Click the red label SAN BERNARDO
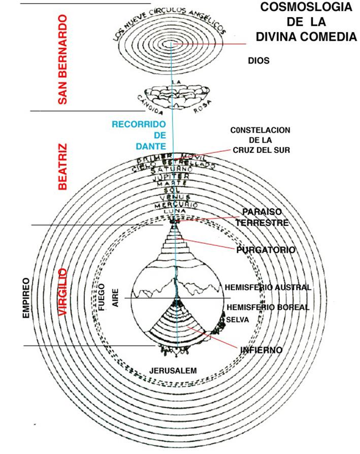(x=62, y=59)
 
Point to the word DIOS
(x=258, y=61)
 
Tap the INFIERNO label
(x=261, y=350)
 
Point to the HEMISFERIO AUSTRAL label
(x=268, y=287)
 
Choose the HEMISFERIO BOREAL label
(x=268, y=307)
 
